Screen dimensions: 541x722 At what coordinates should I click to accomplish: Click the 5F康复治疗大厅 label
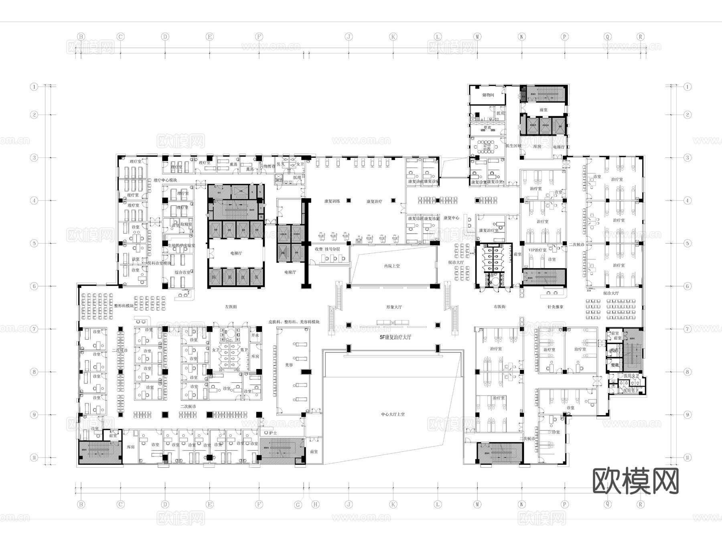[395, 337]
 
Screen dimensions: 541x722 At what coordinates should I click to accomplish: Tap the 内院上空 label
[392, 266]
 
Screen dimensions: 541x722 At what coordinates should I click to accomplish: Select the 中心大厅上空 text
[393, 414]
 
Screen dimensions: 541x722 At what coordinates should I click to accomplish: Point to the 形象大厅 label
[394, 307]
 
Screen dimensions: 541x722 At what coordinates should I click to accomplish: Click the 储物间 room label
[488, 95]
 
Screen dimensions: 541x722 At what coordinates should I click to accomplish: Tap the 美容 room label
[289, 365]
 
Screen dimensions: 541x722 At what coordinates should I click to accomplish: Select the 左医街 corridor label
[231, 307]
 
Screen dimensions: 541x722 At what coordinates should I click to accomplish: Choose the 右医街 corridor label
[499, 307]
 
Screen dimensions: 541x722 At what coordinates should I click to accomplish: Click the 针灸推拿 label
[556, 307]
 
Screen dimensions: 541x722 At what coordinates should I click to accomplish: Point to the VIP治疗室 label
[537, 250]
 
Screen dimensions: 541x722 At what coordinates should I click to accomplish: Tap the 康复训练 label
[332, 201]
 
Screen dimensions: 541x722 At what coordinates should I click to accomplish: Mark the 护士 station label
[273, 433]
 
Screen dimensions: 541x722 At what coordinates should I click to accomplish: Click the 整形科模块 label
[124, 306]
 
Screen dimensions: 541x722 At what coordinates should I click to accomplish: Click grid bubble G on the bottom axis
[298, 505]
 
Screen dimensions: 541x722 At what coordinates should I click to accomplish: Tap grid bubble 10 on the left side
[34, 458]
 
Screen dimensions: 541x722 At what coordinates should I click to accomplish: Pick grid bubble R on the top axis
[641, 37]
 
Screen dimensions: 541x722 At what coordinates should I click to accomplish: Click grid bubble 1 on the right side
[688, 87]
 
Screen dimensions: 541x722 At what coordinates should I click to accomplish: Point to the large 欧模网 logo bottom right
[635, 481]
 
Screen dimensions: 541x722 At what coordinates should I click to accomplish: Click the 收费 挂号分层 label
[327, 249]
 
